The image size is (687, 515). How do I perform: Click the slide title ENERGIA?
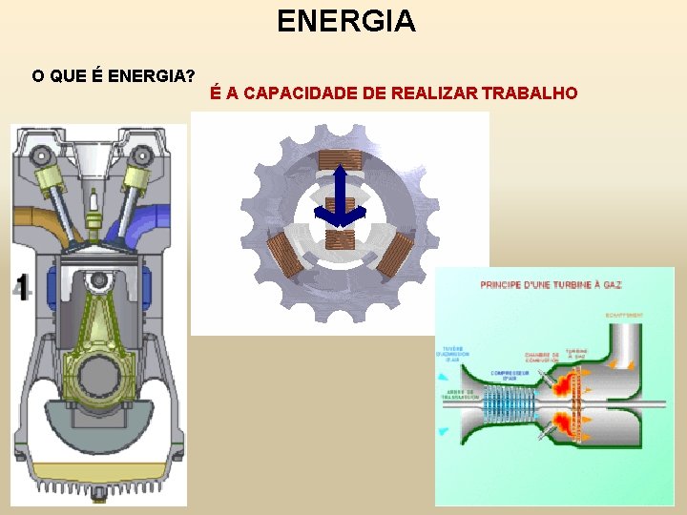345,21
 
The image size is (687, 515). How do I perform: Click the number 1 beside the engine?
20,287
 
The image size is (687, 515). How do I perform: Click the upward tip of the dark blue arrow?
341,171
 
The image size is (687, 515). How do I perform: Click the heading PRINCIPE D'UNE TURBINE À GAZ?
552,285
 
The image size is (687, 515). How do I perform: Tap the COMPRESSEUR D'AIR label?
511,375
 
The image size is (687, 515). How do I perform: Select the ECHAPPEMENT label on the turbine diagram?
625,315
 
